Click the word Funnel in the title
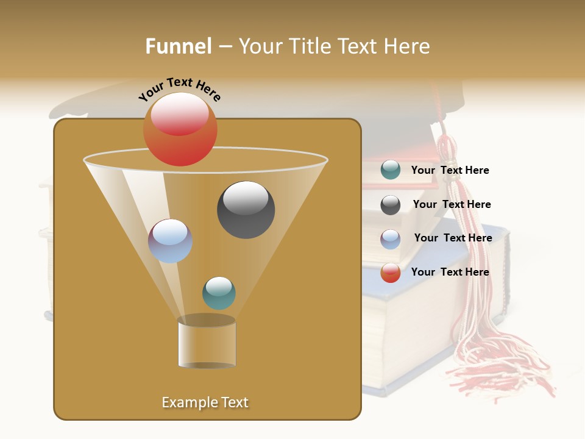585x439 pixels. pyautogui.click(x=178, y=46)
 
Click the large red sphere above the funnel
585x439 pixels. pyautogui.click(x=180, y=129)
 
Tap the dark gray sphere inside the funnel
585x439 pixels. pyautogui.click(x=246, y=210)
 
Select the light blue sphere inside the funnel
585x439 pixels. pyautogui.click(x=171, y=241)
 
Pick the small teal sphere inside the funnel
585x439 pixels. pyautogui.click(x=219, y=293)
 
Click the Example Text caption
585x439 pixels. pyautogui.click(x=205, y=402)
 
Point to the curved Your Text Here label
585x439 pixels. pyautogui.click(x=179, y=88)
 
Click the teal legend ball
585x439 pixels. pyautogui.click(x=391, y=170)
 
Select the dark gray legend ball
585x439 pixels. pyautogui.click(x=391, y=205)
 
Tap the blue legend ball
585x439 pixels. pyautogui.click(x=391, y=239)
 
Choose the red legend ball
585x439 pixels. pyautogui.click(x=391, y=273)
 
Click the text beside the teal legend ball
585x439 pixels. pyautogui.click(x=450, y=170)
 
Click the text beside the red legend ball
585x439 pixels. pyautogui.click(x=450, y=272)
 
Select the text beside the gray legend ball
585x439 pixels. pyautogui.click(x=452, y=204)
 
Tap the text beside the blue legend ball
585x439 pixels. pyautogui.click(x=453, y=238)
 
